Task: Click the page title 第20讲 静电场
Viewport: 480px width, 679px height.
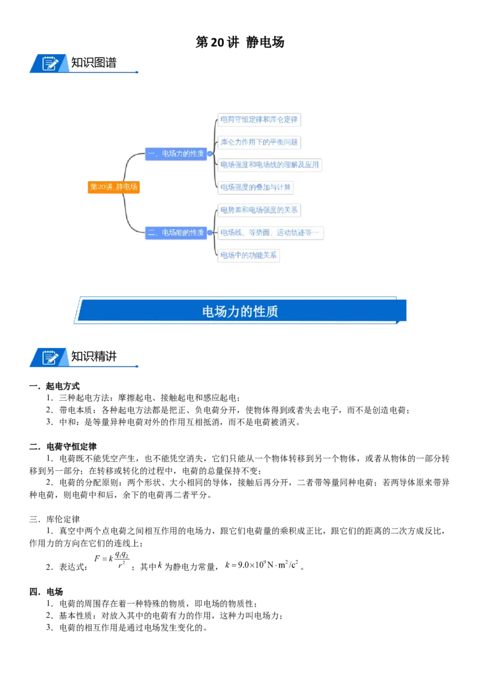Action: tap(239, 42)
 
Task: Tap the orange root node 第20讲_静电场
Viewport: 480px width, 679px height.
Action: tap(113, 187)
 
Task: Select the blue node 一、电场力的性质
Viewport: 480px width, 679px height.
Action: tap(176, 154)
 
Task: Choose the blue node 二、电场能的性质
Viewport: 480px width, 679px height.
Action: tap(176, 233)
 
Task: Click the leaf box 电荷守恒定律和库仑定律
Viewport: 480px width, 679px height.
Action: tap(259, 119)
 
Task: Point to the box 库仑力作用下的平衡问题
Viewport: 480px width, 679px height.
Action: tap(259, 142)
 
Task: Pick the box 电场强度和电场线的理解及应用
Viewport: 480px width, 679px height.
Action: tap(269, 164)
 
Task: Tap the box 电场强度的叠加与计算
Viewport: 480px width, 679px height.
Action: tap(256, 187)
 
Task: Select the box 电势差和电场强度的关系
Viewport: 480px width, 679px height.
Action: tap(259, 210)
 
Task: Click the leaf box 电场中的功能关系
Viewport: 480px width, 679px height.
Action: tap(248, 255)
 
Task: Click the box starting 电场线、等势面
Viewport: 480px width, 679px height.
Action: tap(271, 233)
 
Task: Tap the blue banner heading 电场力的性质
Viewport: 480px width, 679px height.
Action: tap(240, 311)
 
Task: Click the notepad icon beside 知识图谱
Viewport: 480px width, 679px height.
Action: tap(50, 63)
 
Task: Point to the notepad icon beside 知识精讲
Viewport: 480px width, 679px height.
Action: tap(50, 357)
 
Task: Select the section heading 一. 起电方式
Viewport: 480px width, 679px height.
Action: tap(55, 386)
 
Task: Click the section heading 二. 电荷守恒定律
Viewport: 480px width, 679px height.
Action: tap(63, 446)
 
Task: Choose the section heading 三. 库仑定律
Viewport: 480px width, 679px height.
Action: tap(55, 519)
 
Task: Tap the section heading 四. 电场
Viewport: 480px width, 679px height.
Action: tap(46, 591)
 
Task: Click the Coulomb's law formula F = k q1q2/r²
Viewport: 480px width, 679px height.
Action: tap(112, 560)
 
